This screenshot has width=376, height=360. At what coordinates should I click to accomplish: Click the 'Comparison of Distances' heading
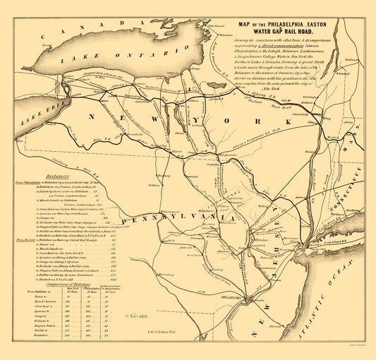(44, 282)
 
